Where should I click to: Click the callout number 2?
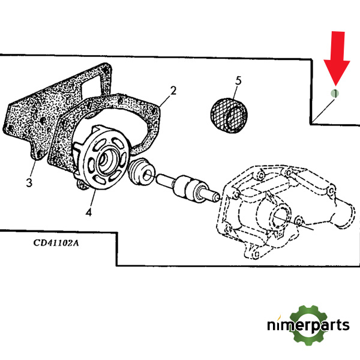coord(173,91)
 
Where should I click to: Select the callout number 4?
coord(89,212)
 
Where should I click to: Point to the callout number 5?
coord(238,80)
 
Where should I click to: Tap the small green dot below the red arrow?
coord(335,93)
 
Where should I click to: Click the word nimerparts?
coord(308,326)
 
